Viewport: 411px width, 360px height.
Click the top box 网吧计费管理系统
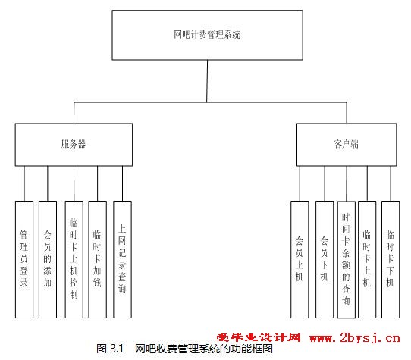[207, 35]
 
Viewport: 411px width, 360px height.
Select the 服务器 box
[74, 145]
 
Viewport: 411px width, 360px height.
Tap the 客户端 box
[347, 145]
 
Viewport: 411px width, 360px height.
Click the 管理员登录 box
[24, 259]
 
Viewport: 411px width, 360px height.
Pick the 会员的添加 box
[48, 259]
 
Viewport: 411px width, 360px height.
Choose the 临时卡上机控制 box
[74, 259]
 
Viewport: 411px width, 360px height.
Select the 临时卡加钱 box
[98, 259]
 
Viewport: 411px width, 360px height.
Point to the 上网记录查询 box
[122, 259]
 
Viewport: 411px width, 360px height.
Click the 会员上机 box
[300, 259]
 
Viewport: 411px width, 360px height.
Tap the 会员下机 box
[325, 259]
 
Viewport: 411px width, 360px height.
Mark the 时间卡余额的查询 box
[347, 259]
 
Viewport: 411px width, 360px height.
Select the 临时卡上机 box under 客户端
[367, 259]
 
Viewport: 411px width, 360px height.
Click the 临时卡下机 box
[391, 259]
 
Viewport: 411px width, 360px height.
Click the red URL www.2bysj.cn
[355, 337]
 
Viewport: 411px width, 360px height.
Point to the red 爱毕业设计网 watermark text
[259, 337]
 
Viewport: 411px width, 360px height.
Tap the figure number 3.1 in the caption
[117, 349]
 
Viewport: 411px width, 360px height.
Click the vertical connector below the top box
[207, 81]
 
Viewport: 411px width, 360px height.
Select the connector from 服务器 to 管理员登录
[24, 183]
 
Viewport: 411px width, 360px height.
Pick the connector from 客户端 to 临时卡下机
[391, 183]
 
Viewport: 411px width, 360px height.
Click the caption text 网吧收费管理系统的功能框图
[204, 349]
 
